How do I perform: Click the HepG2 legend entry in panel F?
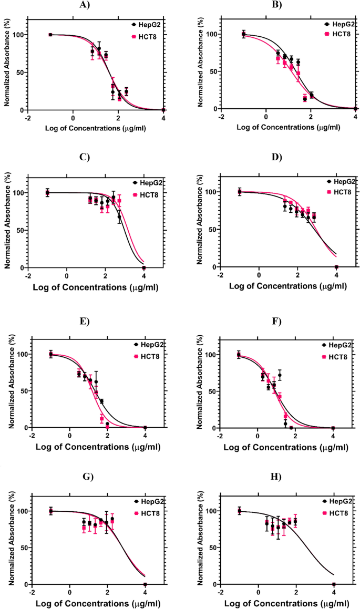coord(337,345)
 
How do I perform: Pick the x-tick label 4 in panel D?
coord(336,275)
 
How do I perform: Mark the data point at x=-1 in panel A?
coord(50,35)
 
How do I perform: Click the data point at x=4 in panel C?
coord(143,267)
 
